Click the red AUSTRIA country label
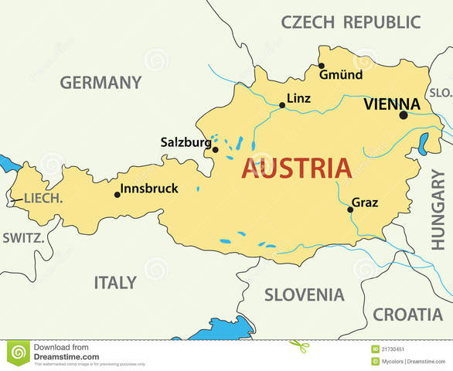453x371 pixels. coord(296,168)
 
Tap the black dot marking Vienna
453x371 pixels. coord(403,115)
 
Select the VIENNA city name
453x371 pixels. coord(392,104)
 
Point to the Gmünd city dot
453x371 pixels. coord(322,66)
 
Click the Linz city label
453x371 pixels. coord(298,98)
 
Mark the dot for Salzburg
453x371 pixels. coord(215,150)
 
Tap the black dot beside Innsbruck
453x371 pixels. coord(118,195)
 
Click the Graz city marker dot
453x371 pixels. coord(350,209)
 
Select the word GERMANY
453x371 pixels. coord(101,82)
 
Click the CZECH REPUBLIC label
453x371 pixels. coord(351,21)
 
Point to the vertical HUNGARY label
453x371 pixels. coord(438,209)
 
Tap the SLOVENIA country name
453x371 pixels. coord(305,294)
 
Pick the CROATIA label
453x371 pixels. coord(408,314)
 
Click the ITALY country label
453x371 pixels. coord(115,282)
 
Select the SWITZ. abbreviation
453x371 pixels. coord(24,237)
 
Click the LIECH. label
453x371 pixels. coord(43,199)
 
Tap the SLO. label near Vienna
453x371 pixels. coord(441,92)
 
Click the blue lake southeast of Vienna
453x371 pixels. coord(423,144)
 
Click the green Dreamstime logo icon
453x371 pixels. coord(18,352)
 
